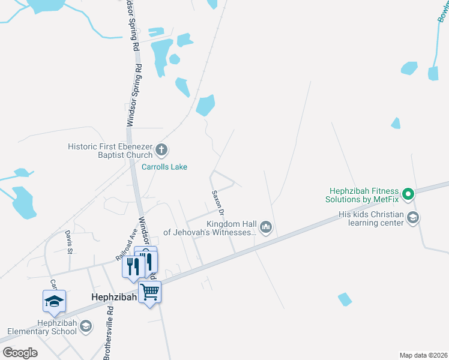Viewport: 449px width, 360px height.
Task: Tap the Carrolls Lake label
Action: pyautogui.click(x=164, y=167)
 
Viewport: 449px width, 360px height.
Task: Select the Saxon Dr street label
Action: pyautogui.click(x=217, y=203)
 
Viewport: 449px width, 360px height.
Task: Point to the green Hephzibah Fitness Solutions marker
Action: pyautogui.click(x=408, y=194)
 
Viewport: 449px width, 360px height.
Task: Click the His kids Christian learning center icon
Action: pyautogui.click(x=412, y=218)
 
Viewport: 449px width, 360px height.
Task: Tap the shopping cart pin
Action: pyautogui.click(x=149, y=293)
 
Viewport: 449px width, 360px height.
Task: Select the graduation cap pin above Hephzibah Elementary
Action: pyautogui.click(x=54, y=301)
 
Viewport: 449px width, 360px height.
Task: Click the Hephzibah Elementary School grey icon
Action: pyautogui.click(x=86, y=326)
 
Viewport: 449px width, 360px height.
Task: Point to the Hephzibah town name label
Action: pyautogui.click(x=115, y=296)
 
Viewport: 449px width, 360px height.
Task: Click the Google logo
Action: pyautogui.click(x=20, y=353)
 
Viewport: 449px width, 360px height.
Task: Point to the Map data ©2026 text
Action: pyautogui.click(x=423, y=355)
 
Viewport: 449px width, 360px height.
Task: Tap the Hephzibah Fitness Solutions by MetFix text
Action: pyautogui.click(x=363, y=194)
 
